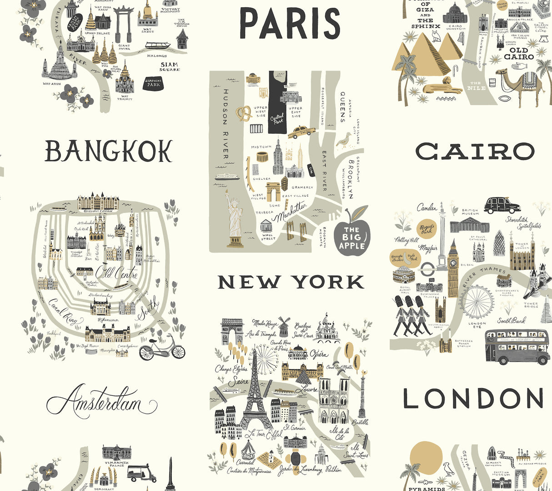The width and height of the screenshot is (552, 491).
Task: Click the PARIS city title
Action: point(290,24)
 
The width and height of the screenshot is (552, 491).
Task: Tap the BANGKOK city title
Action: point(109,152)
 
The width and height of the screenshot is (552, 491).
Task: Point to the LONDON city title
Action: point(473,399)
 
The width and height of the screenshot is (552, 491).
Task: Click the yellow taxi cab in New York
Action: point(301,132)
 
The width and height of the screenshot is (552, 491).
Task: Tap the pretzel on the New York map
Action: point(244,114)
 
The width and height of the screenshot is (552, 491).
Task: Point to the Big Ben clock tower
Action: point(453,268)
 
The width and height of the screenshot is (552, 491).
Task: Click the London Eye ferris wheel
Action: point(476,301)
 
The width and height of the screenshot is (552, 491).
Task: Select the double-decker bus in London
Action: point(517,346)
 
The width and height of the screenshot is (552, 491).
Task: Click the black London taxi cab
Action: point(502,205)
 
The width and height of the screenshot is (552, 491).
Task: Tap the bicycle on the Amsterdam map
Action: point(162,348)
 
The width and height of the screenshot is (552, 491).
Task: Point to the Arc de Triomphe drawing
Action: point(231,330)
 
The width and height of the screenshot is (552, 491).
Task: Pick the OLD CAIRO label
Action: point(519,54)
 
